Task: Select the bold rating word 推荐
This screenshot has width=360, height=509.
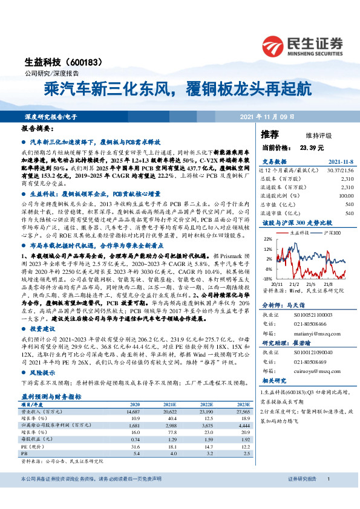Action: pyautogui.click(x=270, y=134)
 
